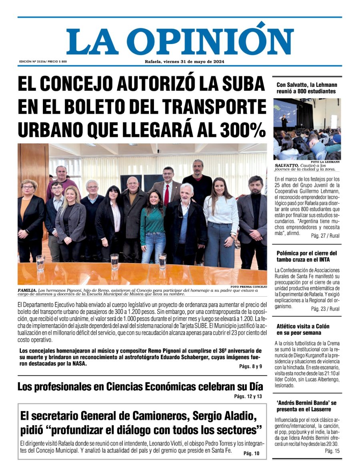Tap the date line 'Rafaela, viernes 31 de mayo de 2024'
tap(184, 62)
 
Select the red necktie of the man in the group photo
tap(166, 194)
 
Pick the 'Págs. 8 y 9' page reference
tap(250, 366)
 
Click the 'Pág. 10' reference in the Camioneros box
tap(251, 453)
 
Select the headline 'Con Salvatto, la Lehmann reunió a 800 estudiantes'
tap(306, 88)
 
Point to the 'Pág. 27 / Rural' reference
tap(325, 236)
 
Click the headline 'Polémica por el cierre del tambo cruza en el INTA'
tap(306, 257)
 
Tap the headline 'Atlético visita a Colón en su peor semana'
tap(303, 329)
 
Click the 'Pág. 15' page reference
tap(332, 451)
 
